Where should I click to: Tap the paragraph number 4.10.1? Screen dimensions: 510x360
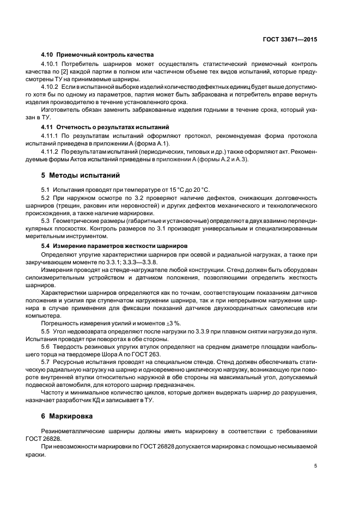click(51, 64)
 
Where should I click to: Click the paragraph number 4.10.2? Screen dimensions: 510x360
click(51, 86)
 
